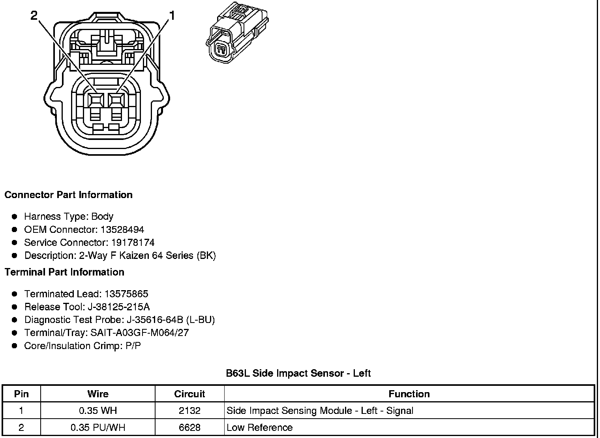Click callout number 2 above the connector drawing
click(x=34, y=15)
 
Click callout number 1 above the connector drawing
click(x=172, y=15)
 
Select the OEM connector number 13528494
click(x=122, y=230)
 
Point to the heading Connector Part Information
click(x=68, y=195)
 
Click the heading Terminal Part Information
click(x=64, y=272)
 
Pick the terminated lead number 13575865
click(x=126, y=294)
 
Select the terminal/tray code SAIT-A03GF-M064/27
click(x=140, y=333)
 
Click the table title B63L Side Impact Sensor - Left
click(x=298, y=374)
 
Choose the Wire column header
click(x=98, y=394)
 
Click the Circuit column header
click(x=189, y=394)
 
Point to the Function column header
click(x=409, y=394)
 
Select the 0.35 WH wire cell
click(x=98, y=411)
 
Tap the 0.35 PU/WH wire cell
click(x=98, y=428)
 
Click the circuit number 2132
click(x=189, y=411)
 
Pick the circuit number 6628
click(x=189, y=428)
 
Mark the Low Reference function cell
click(x=260, y=428)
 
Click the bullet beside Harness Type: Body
click(x=15, y=217)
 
